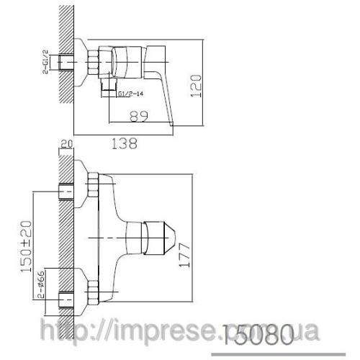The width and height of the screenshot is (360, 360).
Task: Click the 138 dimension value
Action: (125, 143)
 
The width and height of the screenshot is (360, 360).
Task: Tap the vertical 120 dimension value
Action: (208, 76)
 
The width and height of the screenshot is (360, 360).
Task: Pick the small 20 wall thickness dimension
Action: (67, 143)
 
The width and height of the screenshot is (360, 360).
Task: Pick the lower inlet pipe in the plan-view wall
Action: (68, 296)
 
